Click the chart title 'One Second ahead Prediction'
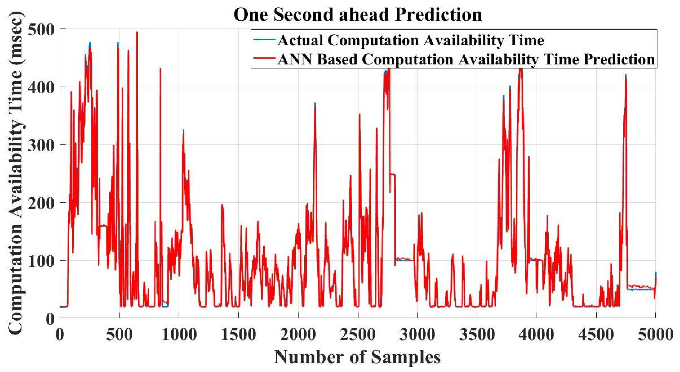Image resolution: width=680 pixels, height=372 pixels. [x=358, y=15]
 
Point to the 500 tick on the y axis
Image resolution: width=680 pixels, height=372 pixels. [x=42, y=30]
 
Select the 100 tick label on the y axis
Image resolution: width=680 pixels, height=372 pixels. [x=42, y=261]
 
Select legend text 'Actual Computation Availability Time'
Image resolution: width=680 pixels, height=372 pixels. [x=410, y=40]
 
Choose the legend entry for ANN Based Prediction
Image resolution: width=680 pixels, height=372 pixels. [x=466, y=59]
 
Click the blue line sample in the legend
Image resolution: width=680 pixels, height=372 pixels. [x=264, y=40]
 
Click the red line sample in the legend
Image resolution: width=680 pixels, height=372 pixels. [x=264, y=59]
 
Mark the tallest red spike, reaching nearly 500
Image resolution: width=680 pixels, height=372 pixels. [x=137, y=33]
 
